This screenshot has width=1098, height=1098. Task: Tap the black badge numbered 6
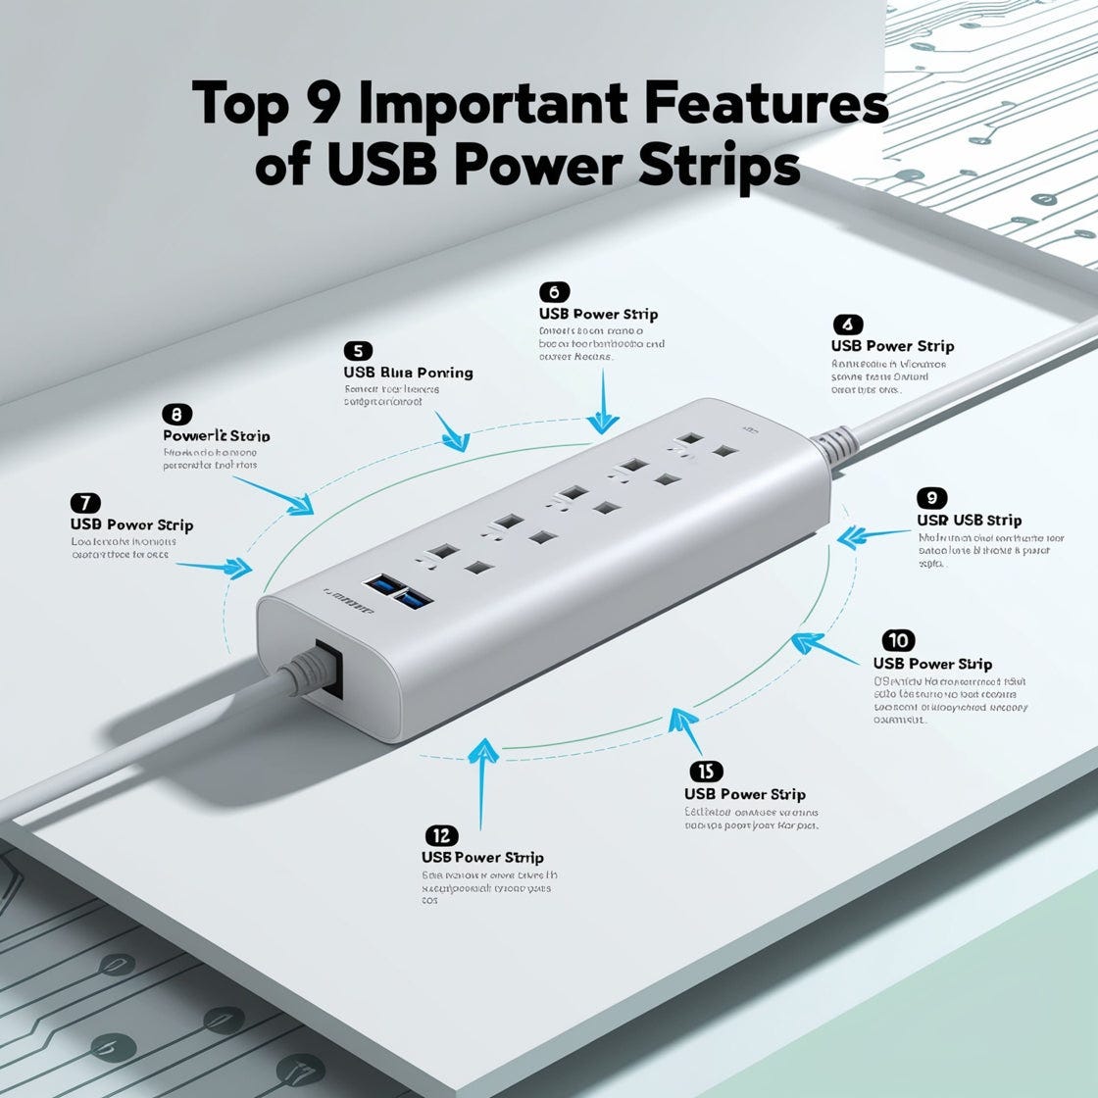tap(554, 292)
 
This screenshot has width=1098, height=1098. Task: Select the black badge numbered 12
tap(441, 835)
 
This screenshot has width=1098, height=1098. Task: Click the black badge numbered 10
tap(898, 641)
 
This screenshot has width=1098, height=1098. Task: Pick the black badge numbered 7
tap(85, 503)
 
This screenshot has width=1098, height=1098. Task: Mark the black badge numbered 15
tap(700, 771)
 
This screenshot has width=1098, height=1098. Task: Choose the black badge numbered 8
tap(176, 414)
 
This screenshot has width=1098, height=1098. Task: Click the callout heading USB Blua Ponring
tap(408, 373)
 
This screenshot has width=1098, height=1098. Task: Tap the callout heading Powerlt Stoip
tap(216, 435)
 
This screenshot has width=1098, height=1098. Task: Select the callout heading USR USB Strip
tap(969, 520)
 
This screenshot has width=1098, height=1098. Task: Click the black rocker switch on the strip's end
tap(329, 669)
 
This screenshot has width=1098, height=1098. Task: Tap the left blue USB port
tap(380, 586)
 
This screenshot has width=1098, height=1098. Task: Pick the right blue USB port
tap(416, 597)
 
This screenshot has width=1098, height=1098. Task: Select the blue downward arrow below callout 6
tap(603, 417)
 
